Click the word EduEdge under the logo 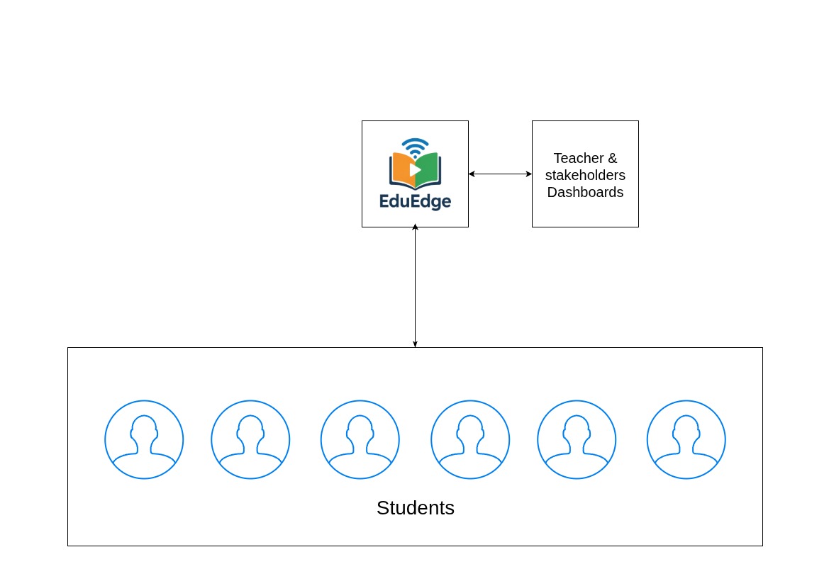415,201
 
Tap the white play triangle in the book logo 415,170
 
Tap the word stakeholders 585,175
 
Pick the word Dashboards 585,192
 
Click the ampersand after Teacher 613,158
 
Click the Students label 415,508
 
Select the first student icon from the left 144,439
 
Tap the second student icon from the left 250,439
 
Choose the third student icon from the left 360,439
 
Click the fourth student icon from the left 470,439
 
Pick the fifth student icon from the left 577,439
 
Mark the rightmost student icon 686,439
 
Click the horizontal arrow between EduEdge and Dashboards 500,174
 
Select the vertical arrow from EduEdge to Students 415,287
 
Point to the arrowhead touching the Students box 415,344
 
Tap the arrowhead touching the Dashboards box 528,174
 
